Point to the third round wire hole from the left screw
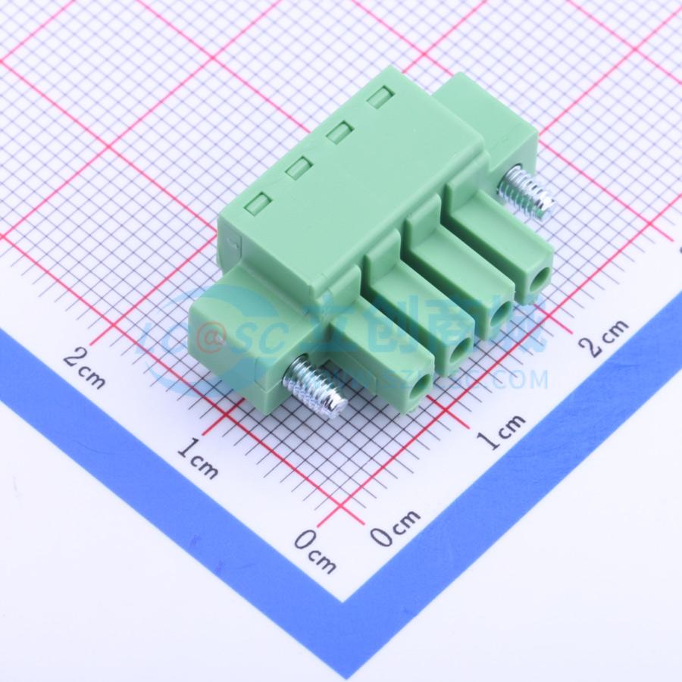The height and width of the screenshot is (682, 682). click(x=500, y=313)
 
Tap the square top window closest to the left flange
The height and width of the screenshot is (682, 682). click(x=260, y=202)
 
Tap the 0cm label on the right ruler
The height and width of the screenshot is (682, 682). click(x=395, y=528)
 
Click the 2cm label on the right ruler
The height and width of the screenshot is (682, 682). click(x=603, y=336)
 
